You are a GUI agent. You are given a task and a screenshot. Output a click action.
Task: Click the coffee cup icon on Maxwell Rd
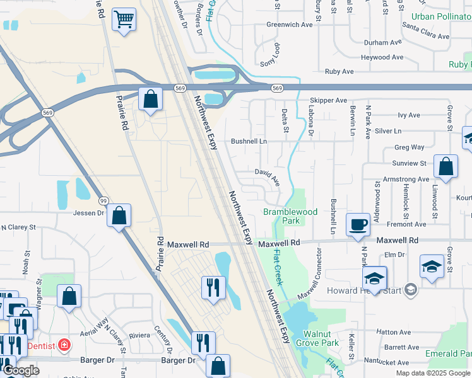pyautogui.click(x=358, y=225)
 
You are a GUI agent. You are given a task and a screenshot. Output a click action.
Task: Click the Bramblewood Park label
pyautogui.click(x=290, y=217)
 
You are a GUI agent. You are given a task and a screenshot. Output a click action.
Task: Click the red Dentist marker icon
pyautogui.click(x=64, y=345)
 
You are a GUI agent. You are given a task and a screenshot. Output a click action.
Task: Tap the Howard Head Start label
pyautogui.click(x=365, y=290)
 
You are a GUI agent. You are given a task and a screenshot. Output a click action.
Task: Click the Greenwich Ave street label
pyautogui.click(x=290, y=25)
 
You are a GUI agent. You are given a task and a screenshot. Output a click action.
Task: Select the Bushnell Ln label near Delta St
pyautogui.click(x=249, y=142)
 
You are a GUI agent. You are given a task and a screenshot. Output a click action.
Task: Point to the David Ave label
pyautogui.click(x=267, y=172)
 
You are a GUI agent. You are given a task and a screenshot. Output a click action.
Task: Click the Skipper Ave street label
pyautogui.click(x=328, y=100)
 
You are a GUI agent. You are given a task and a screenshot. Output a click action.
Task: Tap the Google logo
pyautogui.click(x=20, y=370)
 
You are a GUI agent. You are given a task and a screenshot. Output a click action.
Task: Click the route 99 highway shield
pyautogui.click(x=103, y=200)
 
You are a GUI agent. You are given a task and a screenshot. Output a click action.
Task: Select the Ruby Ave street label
pyautogui.click(x=339, y=72)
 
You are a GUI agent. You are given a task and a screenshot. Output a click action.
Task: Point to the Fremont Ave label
pyautogui.click(x=406, y=224)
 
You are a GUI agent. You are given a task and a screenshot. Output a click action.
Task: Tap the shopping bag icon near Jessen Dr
pyautogui.click(x=119, y=215)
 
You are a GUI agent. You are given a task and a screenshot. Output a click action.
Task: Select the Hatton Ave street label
pyautogui.click(x=393, y=332)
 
